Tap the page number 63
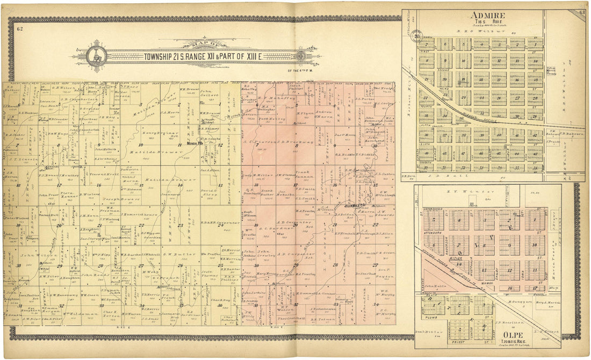pos(582,12)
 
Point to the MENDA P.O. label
pos(193,143)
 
